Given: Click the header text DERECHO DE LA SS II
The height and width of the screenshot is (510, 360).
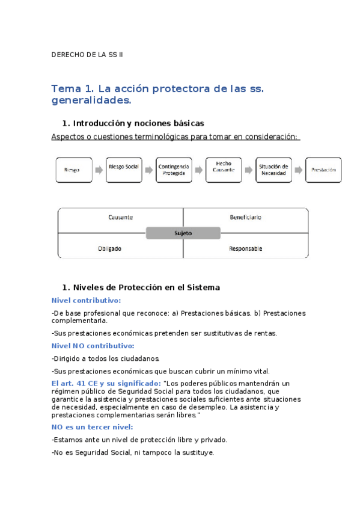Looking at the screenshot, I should point(87,55).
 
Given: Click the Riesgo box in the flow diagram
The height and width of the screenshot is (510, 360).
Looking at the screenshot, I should point(75,170).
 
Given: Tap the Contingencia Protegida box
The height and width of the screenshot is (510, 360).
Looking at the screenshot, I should point(174,170).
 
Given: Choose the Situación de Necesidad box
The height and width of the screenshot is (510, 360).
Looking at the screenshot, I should point(273,170).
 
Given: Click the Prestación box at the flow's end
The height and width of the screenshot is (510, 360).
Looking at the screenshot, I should point(323,170).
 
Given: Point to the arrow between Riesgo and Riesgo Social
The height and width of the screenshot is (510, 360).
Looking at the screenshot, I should point(99,170).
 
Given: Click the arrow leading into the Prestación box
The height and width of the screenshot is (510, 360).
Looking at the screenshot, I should point(299,170).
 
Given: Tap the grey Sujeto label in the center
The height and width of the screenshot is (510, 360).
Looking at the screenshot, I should point(183,233).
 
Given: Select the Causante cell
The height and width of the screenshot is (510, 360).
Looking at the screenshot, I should point(120,217).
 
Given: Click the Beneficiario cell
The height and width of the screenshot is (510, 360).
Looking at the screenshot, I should point(245,217).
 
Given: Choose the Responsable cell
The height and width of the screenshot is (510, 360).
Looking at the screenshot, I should point(245,248).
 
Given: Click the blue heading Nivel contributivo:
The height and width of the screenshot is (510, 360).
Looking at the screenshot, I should point(86,300).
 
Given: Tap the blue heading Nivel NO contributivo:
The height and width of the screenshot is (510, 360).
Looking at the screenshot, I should point(93,346).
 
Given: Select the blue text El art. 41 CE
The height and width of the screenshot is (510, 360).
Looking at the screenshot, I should point(76,383).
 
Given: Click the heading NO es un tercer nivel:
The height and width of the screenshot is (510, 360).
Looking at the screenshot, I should point(88,426).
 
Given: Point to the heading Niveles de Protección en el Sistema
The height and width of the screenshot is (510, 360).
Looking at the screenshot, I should point(146,287).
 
